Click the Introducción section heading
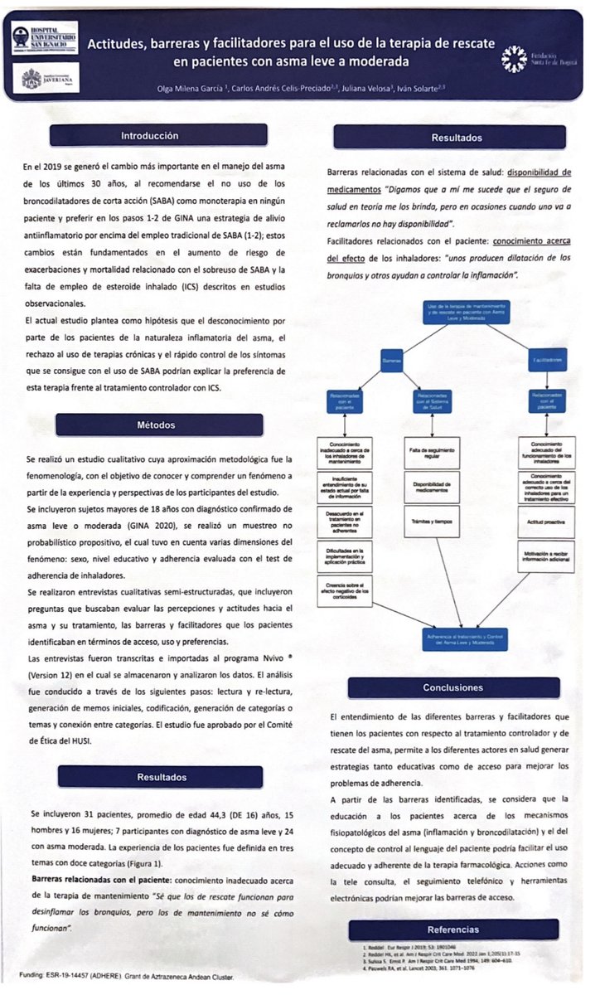[150, 135]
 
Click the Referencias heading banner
[452, 929]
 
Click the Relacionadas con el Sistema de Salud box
[429, 401]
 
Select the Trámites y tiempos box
[429, 521]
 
